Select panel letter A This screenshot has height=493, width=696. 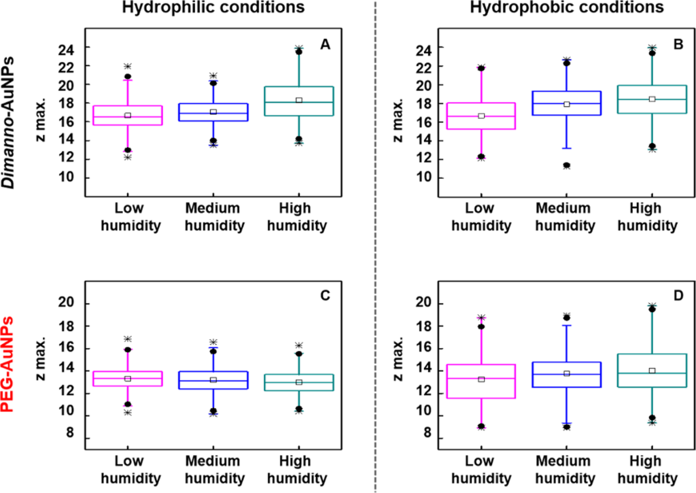tap(325, 45)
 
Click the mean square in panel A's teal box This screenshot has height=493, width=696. tap(298, 100)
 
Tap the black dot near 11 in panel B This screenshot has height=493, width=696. tap(566, 165)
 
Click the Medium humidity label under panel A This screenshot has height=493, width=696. tap(213, 216)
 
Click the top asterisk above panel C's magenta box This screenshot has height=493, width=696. tap(127, 339)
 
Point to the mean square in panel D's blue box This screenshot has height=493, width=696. tap(566, 373)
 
